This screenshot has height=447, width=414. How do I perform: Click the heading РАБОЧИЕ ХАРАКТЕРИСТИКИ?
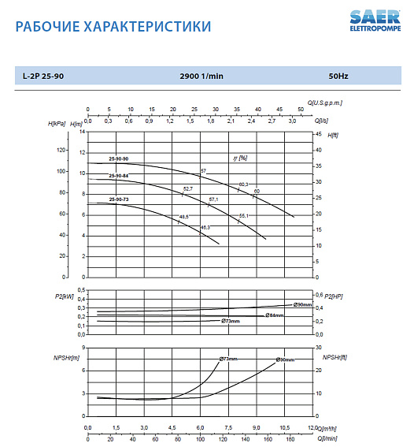pos(113,27)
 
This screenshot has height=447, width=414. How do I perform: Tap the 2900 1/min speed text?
pos(201,76)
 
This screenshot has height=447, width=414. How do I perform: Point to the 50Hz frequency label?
pos(338,76)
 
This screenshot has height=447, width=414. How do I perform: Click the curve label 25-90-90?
pos(118,159)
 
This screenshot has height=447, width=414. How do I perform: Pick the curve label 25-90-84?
pos(118,175)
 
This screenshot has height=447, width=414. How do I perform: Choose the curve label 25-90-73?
pos(118,199)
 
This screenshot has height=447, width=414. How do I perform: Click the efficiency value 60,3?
pos(243,184)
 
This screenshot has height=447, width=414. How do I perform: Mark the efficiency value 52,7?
pos(187,188)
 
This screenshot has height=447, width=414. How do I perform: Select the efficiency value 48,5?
pos(183,217)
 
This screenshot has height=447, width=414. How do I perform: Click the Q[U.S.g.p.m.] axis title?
pos(325,102)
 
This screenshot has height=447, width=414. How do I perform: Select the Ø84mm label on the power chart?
pos(274,315)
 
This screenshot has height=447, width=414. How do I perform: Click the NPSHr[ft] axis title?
pos(333,357)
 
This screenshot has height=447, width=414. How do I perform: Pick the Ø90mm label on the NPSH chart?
pos(285,359)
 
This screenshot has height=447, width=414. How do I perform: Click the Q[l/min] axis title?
pos(326,438)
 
